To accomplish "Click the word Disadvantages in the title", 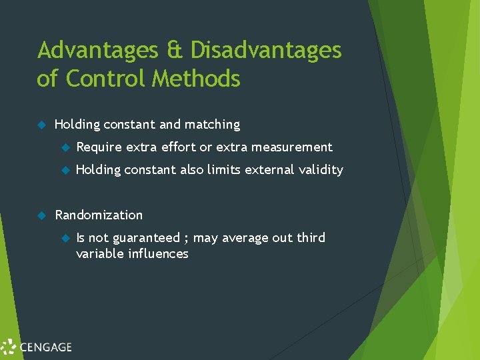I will point(266,50).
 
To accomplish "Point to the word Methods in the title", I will point(196,79).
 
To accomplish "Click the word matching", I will point(212,125).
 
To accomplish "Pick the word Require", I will point(99,147).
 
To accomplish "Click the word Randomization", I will point(99,215).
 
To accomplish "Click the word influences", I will point(158,254).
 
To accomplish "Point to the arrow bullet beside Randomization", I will point(41,215).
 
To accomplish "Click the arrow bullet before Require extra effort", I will point(65,147).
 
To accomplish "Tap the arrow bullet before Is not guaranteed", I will point(65,238).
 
